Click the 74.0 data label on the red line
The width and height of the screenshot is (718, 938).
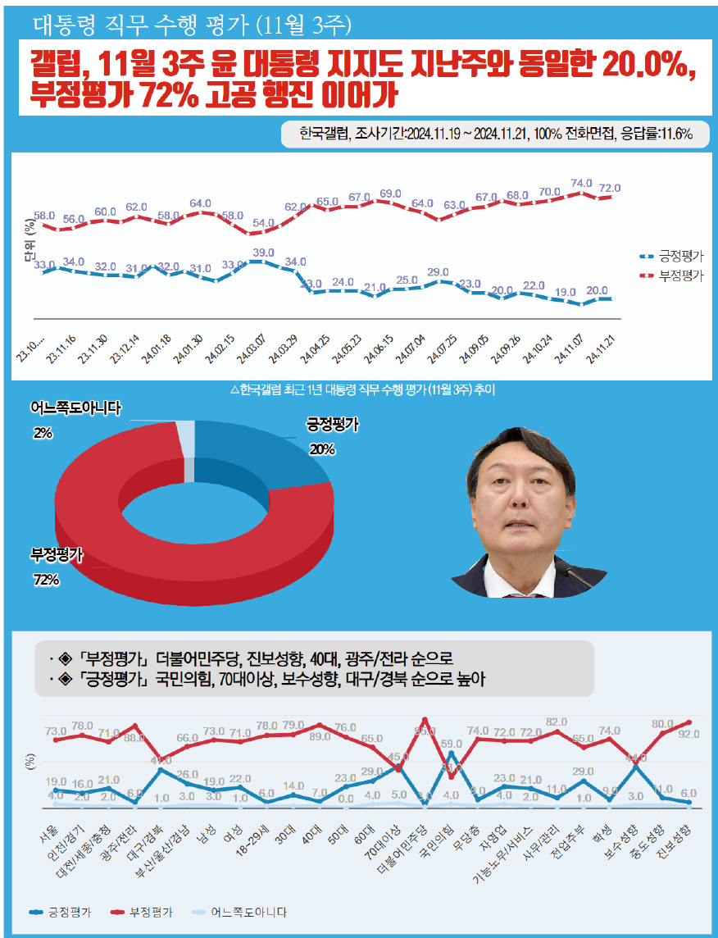581,184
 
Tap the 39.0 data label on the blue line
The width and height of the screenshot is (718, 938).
264,253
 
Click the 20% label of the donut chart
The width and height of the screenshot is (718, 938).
322,449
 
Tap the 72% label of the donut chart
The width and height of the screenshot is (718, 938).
46,581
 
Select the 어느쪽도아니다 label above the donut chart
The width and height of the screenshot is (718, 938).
75,408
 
